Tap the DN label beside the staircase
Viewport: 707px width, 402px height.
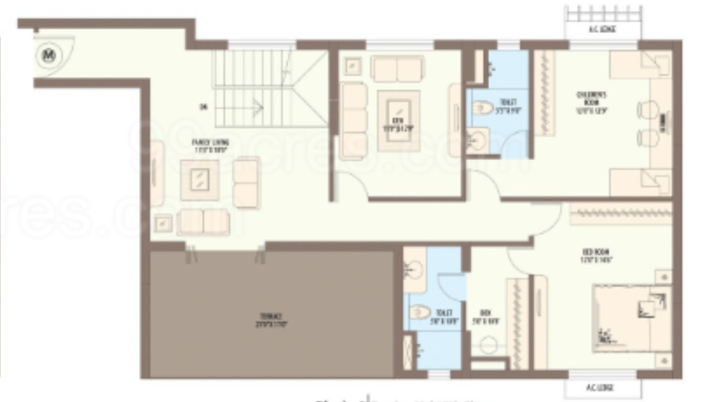coord(203,107)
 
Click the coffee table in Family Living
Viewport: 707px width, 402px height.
coord(200,179)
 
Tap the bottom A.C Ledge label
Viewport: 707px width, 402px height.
coord(602,388)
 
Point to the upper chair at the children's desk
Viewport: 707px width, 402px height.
coord(647,110)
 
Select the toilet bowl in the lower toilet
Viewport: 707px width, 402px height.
coord(420,311)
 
